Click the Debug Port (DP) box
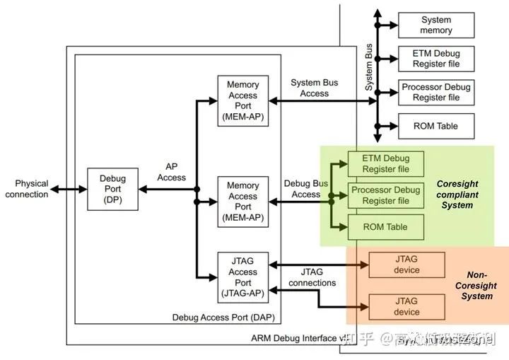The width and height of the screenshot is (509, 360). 112,189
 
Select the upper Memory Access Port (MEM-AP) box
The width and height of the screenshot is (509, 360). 242,100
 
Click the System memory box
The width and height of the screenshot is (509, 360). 435,25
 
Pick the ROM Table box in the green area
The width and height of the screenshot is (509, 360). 385,227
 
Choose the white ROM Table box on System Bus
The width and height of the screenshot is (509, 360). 435,126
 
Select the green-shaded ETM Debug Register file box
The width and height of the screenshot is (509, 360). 385,163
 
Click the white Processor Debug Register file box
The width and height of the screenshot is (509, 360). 435,92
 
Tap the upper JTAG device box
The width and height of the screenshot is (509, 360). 406,265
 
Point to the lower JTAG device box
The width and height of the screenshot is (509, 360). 406,306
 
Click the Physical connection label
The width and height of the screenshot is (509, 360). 27,189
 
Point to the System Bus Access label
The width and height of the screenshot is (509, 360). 314,88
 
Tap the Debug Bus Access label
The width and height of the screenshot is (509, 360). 306,189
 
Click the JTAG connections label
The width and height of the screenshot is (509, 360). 312,277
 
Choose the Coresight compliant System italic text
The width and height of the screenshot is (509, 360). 457,194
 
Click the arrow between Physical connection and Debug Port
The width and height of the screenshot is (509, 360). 69,189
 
